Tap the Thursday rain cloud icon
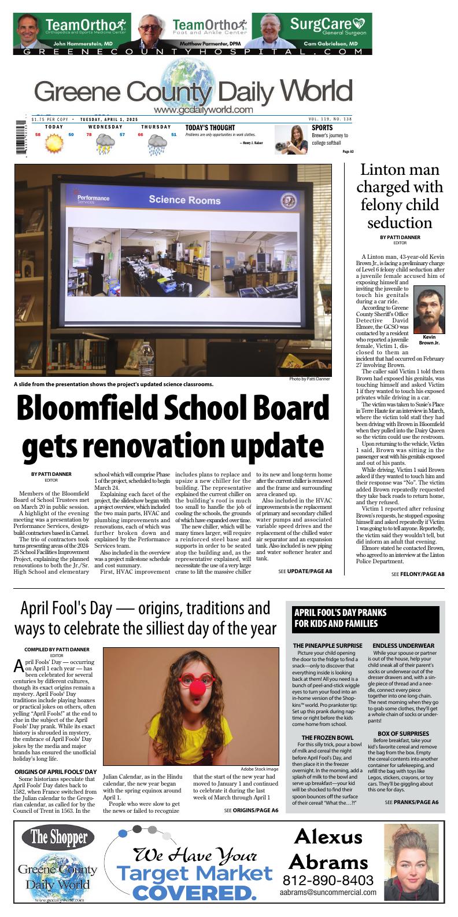157,144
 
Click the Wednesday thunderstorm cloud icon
105,144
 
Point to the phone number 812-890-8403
328,881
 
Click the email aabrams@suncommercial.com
328,893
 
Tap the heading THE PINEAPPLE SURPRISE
327,645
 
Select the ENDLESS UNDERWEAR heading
403,645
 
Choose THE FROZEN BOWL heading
327,738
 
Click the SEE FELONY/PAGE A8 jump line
418,574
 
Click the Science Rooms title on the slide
184,200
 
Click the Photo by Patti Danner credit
309,379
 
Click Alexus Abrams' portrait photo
411,863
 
